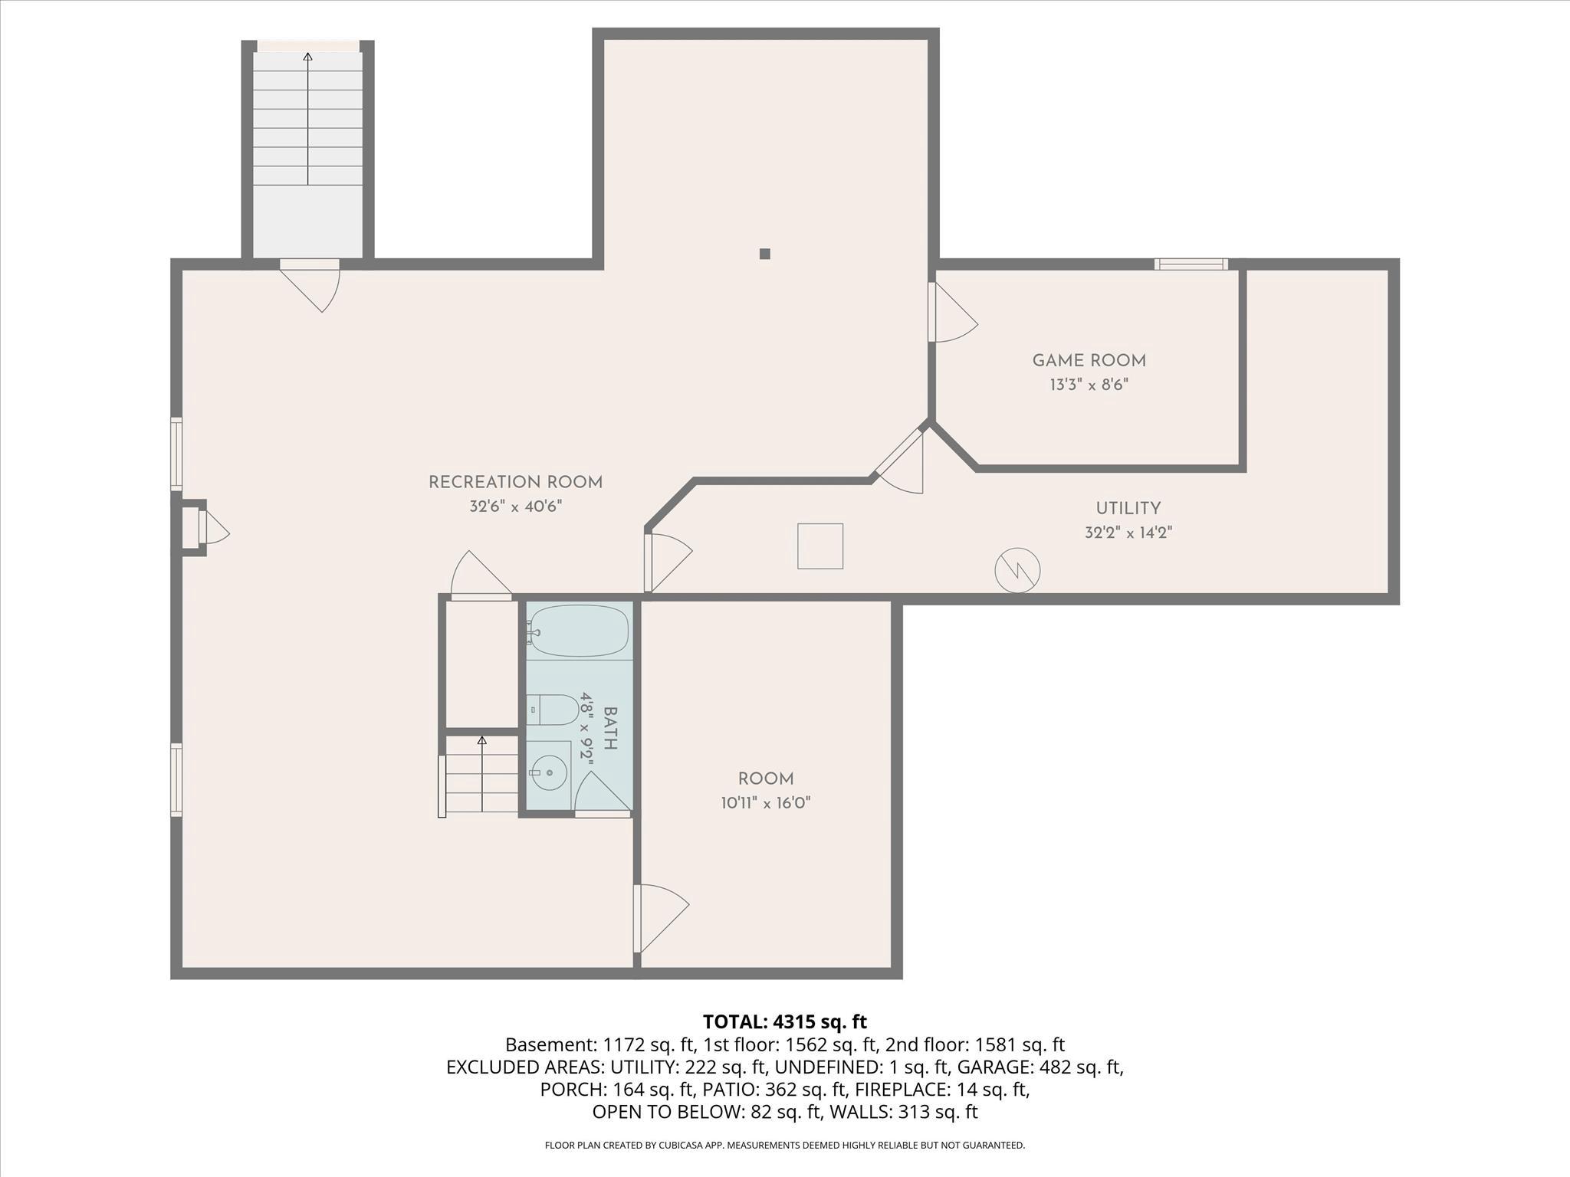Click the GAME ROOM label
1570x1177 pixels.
click(x=1089, y=360)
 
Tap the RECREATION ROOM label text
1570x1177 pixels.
click(x=515, y=482)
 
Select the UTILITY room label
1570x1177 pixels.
click(x=1128, y=508)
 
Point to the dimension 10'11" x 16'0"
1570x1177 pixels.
click(x=765, y=803)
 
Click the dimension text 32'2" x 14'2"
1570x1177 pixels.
click(x=1128, y=533)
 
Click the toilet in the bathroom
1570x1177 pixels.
click(x=553, y=710)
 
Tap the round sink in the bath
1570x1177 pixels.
click(x=549, y=772)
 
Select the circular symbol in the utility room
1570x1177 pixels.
click(x=1017, y=570)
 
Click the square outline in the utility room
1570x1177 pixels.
click(x=819, y=546)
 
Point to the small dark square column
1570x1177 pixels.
click(x=764, y=254)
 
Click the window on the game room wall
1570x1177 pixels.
click(x=1191, y=264)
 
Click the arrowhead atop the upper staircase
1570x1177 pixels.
click(x=308, y=56)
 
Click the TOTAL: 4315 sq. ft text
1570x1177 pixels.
click(x=784, y=1021)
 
